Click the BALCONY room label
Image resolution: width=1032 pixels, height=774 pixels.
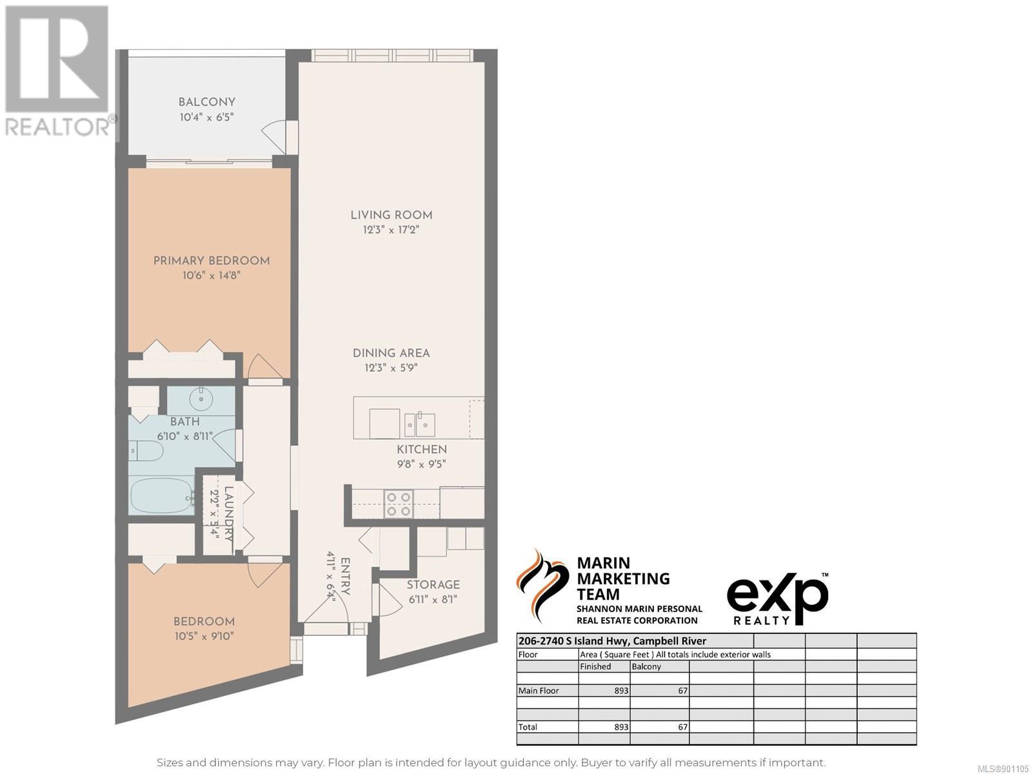(207, 102)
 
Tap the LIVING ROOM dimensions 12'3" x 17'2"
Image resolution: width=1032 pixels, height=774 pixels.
(391, 230)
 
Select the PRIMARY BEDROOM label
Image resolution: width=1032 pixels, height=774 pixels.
(212, 261)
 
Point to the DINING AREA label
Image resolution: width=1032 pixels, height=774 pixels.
(391, 353)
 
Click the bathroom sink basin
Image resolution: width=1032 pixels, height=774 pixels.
(201, 399)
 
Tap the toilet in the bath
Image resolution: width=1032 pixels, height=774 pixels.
(146, 451)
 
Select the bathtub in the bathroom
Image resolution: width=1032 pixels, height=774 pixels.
(162, 496)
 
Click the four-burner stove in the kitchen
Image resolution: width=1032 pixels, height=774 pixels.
(399, 504)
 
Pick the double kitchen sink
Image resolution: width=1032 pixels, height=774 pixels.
(420, 425)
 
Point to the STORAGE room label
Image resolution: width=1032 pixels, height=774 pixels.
(433, 584)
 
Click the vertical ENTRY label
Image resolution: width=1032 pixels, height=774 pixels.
(345, 577)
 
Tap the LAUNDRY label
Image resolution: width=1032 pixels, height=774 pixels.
(229, 513)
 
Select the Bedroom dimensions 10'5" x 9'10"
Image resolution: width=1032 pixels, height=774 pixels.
(204, 637)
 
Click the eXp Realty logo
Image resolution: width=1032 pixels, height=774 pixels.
(777, 599)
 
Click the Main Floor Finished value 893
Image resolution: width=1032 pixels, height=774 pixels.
(621, 690)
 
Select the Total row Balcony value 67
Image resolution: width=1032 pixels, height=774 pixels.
(682, 726)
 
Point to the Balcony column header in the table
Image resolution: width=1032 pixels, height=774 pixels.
(646, 666)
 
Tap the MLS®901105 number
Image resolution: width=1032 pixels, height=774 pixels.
(1004, 769)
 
